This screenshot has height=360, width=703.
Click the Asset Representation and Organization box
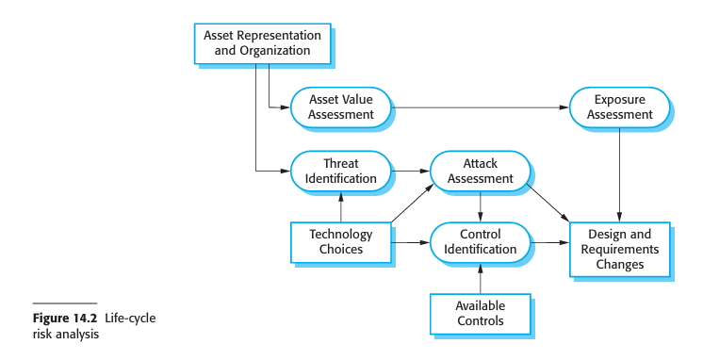click(262, 42)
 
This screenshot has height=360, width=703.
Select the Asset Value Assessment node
click(340, 107)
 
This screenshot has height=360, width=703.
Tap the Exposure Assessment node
click(619, 107)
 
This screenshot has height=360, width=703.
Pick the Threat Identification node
click(340, 171)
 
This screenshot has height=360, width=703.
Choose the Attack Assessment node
click(480, 171)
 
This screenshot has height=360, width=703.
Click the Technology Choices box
click(340, 242)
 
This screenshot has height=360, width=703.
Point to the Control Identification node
click(480, 242)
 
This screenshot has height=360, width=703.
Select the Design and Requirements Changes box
click(619, 250)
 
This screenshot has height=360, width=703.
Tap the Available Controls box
click(480, 313)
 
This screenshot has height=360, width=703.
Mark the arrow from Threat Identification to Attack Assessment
click(411, 171)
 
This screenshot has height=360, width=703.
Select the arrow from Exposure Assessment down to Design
click(619, 174)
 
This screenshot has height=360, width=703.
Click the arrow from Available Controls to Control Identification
click(480, 278)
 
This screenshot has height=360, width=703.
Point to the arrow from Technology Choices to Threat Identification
click(340, 206)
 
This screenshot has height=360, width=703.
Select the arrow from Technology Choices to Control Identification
click(411, 242)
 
